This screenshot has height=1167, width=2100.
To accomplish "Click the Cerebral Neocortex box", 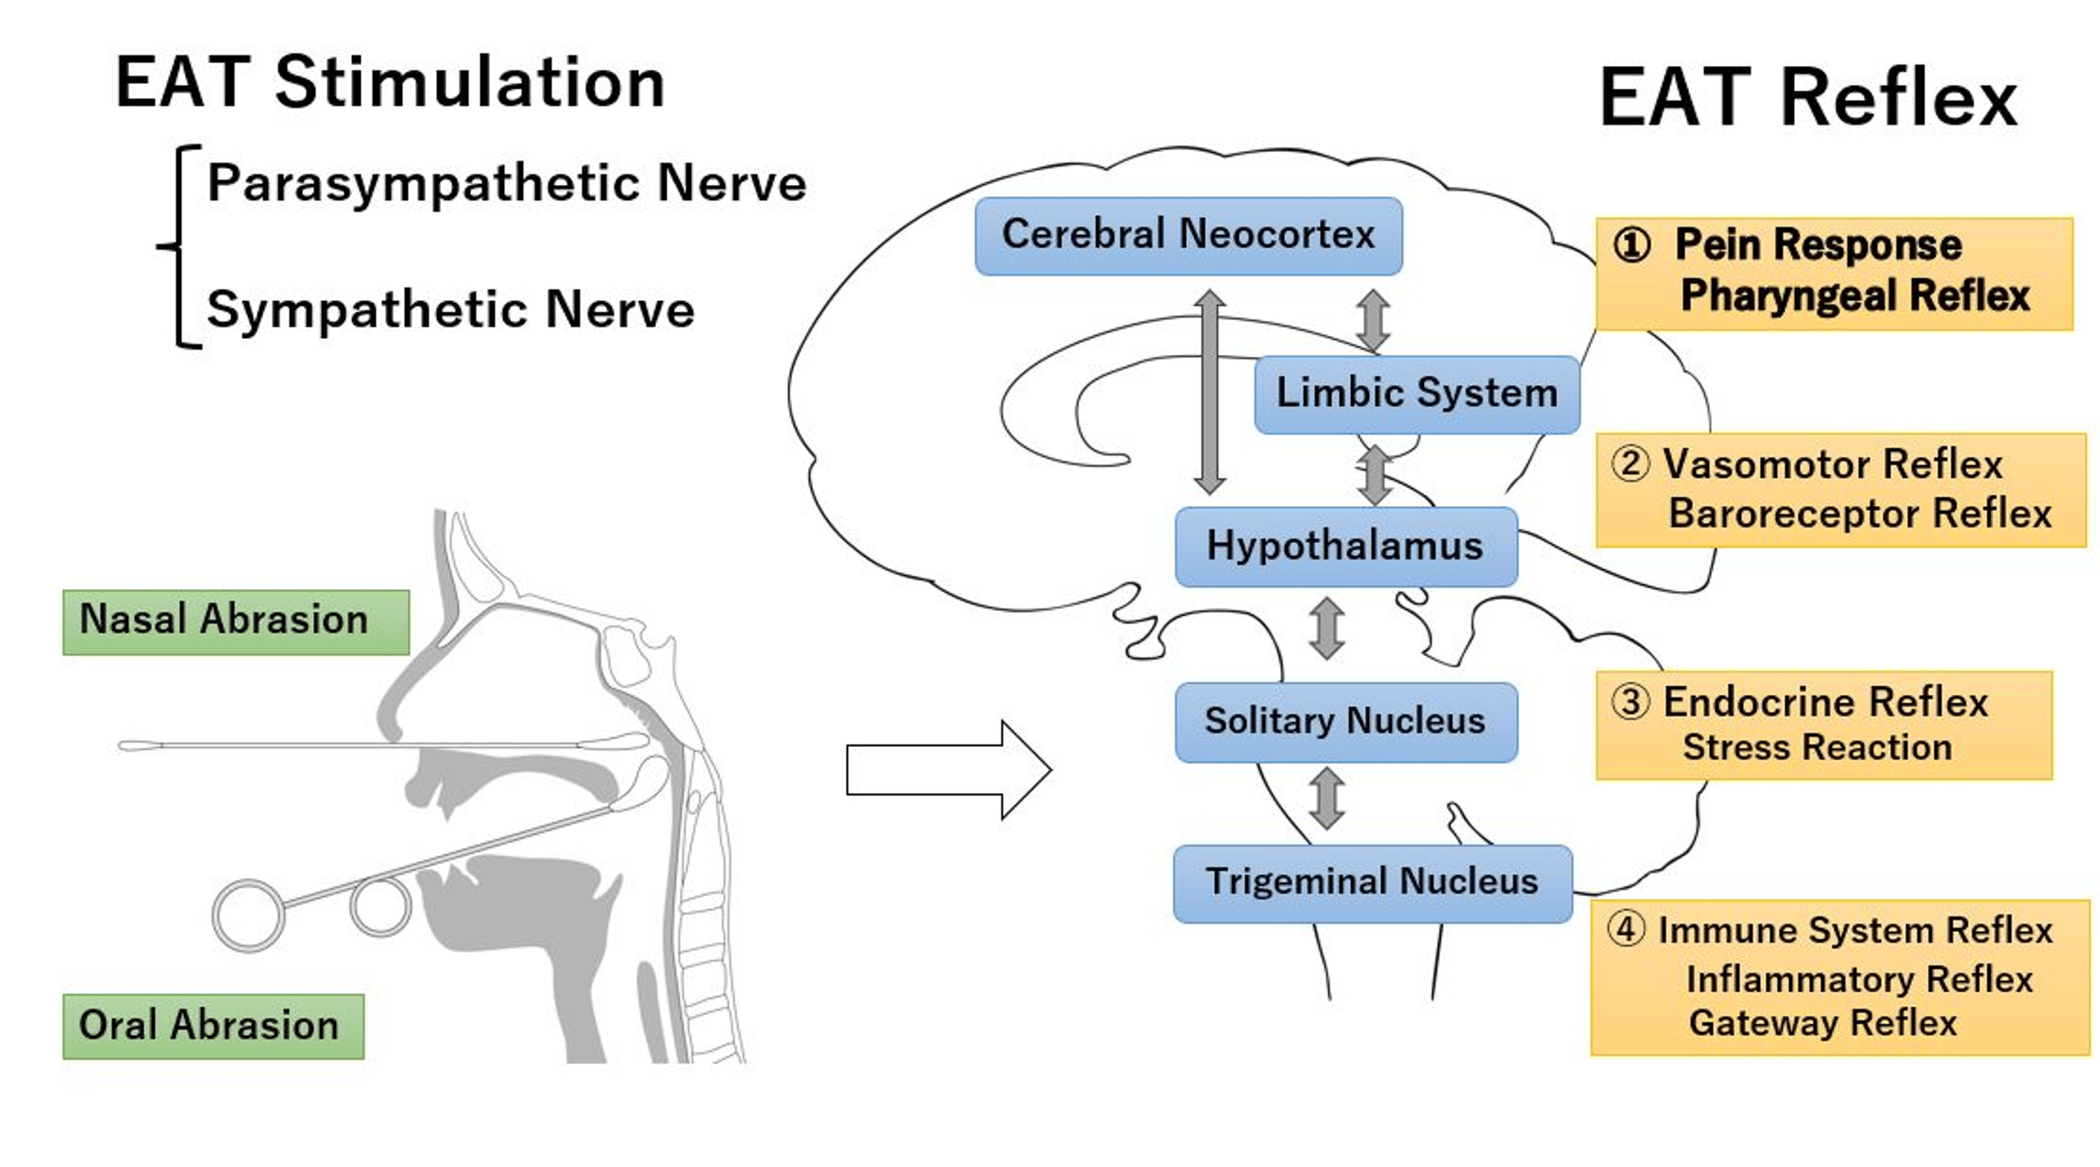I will click(1188, 236).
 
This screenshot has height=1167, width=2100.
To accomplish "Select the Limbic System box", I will click(1416, 394).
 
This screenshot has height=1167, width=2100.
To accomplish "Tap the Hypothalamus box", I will click(1345, 546).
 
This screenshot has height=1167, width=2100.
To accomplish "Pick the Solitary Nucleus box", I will click(1345, 722).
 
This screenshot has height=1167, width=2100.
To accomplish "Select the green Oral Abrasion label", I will click(213, 1025).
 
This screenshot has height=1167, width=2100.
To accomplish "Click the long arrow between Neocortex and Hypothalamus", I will click(1210, 391).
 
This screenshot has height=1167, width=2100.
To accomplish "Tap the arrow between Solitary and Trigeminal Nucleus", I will click(1327, 798).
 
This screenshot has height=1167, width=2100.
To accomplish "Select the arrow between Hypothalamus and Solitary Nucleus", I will click(1327, 628).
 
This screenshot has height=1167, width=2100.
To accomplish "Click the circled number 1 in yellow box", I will click(1631, 244).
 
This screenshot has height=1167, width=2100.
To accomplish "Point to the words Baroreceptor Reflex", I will click(1858, 514).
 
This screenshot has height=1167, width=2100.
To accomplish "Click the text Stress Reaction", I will click(1816, 747).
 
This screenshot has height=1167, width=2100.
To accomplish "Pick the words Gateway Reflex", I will click(1822, 1023).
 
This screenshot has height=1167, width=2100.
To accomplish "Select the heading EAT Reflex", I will click(1807, 98).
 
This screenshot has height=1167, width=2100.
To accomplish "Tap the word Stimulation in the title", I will click(470, 83).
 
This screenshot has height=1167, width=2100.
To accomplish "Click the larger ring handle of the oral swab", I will click(248, 915).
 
